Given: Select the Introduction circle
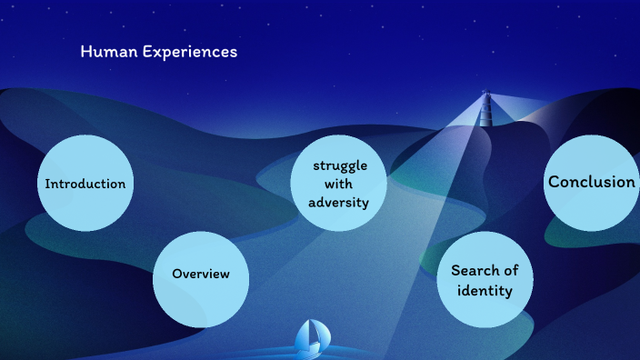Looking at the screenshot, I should point(85,183).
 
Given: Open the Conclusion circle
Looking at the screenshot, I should point(591,182).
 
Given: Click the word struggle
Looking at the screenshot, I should point(339,165).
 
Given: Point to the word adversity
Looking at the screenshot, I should point(339,202).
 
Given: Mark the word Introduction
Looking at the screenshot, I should point(85,184).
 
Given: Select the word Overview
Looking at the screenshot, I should point(201,274).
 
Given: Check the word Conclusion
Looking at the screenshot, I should point(591,182).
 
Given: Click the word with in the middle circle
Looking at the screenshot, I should point(338,184).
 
